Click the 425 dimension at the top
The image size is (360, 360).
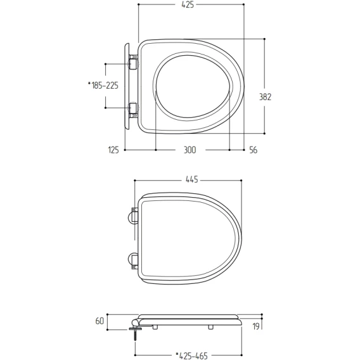(188, 4)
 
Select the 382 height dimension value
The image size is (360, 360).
(265, 97)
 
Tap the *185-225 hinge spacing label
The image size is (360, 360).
(103, 86)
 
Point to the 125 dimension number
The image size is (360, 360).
(113, 150)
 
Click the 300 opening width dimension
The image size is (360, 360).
(190, 150)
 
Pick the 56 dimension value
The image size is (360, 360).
(254, 150)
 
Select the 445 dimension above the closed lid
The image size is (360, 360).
(191, 179)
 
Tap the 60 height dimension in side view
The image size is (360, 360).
(100, 321)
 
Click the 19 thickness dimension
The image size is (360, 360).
(256, 326)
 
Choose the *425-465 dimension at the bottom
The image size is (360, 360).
(191, 356)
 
